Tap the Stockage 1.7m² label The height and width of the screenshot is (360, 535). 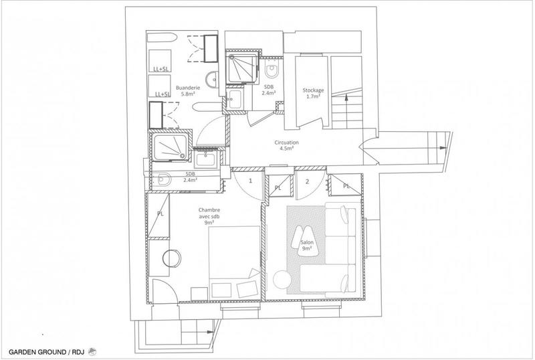(313, 93)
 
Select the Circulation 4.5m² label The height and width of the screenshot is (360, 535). (286, 146)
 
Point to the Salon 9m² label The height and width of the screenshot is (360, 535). (308, 246)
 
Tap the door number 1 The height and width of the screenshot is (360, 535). (250, 181)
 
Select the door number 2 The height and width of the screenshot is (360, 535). (307, 181)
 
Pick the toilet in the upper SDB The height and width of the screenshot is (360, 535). (272, 70)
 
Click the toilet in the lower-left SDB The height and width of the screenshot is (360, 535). (165, 179)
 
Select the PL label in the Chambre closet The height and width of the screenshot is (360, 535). (160, 215)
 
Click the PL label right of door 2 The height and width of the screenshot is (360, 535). (346, 185)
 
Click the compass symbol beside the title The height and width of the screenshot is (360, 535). (93, 351)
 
